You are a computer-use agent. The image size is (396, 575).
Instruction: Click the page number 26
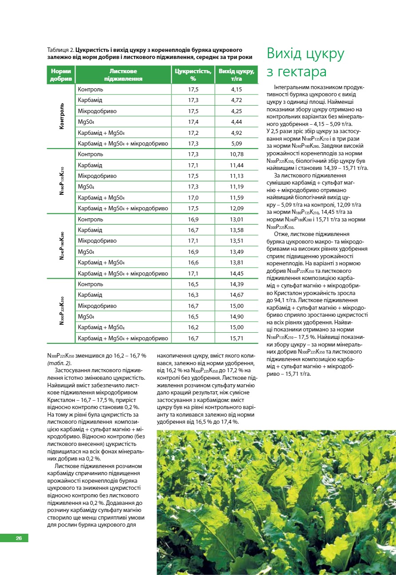pos(19,538)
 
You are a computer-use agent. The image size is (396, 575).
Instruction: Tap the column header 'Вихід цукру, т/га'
pos(236,75)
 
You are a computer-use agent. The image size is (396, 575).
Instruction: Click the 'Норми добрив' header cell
pos(61,75)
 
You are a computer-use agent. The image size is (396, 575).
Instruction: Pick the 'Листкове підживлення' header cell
pos(123,75)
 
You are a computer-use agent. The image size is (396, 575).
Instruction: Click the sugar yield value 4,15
pos(236,90)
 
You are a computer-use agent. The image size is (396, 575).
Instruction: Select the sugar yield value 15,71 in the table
pos(237,339)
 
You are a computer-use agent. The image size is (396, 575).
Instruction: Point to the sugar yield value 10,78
pos(237,154)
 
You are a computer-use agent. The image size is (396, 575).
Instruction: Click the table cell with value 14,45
pos(237,273)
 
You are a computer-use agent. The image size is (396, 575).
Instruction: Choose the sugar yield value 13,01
pos(237,219)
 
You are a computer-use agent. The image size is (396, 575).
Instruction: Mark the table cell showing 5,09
pos(236,144)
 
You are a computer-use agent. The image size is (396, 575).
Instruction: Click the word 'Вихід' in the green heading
pos(287,54)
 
